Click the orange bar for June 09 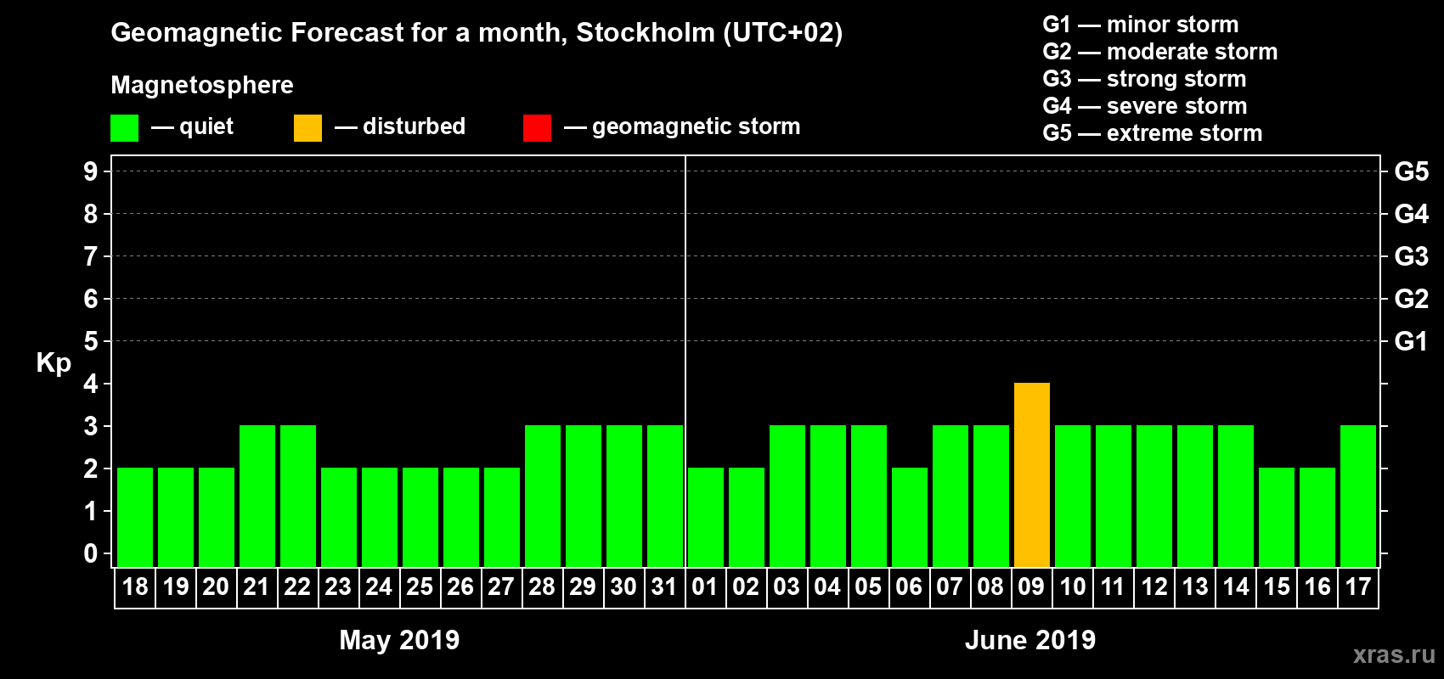click(x=1032, y=475)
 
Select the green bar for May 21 click(x=257, y=497)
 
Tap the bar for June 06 click(x=910, y=518)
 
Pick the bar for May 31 click(x=665, y=497)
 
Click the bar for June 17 click(x=1358, y=497)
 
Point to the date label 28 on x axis click(x=542, y=587)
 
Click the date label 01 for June click(x=705, y=587)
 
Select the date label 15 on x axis click(x=1277, y=587)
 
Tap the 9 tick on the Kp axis click(x=91, y=171)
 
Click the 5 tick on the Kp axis click(x=91, y=341)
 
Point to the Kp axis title click(x=54, y=362)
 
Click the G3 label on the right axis click(x=1411, y=256)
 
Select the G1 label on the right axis click(x=1411, y=341)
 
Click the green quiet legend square click(x=125, y=128)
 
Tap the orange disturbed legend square click(x=307, y=128)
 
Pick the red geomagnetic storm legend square click(x=537, y=128)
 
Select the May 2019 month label click(x=399, y=640)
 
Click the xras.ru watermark click(x=1394, y=654)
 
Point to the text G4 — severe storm click(x=1145, y=106)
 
